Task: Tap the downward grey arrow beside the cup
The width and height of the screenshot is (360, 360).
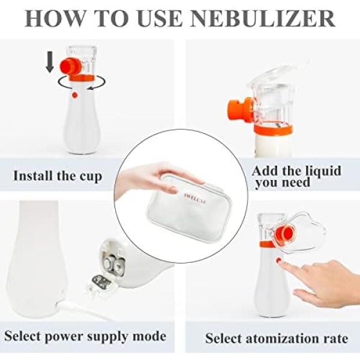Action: [x=50, y=61]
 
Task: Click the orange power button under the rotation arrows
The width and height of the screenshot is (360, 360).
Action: [x=74, y=95]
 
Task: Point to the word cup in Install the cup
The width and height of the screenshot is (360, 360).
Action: [x=91, y=177]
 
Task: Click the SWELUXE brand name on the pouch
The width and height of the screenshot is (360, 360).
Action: [x=196, y=199]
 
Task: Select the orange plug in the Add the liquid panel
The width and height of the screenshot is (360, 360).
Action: [x=239, y=109]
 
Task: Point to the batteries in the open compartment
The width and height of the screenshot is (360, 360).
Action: [x=113, y=265]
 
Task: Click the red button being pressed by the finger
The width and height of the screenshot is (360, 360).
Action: [x=279, y=260]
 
